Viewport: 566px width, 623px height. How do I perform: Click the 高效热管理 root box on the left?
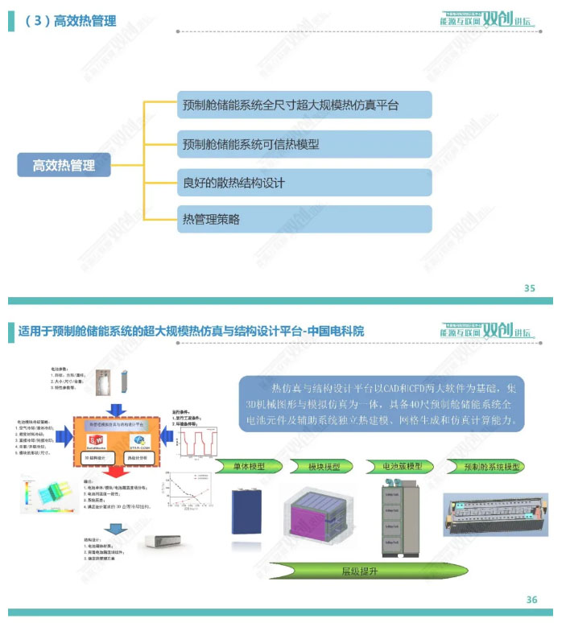pos(64,166)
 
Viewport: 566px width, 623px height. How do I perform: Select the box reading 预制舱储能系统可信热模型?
pos(304,145)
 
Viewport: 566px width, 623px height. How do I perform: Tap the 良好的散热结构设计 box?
pos(304,183)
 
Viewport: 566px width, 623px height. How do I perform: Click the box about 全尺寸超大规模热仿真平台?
pos(304,105)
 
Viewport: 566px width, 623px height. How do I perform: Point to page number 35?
pos(529,288)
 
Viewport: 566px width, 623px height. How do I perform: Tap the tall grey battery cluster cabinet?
pos(400,515)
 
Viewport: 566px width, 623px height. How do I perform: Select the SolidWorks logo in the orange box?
pos(97,439)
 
